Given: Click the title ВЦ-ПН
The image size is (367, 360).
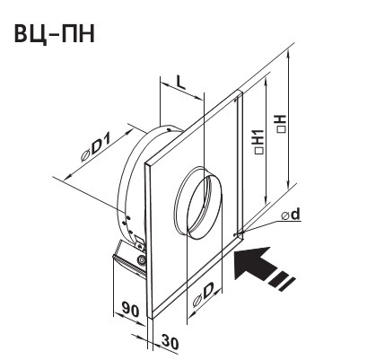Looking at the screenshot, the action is tap(54, 34).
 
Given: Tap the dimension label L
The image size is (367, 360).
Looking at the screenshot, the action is tap(180, 83).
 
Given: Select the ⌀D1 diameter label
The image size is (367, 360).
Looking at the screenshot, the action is tap(96, 147).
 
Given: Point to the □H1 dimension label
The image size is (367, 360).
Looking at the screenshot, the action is tap(259, 142).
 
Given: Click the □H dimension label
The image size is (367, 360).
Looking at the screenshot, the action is tap(282, 123).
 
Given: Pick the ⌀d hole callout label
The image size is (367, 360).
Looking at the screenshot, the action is tap(291, 215).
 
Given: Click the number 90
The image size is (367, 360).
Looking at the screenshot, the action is tap(131, 311).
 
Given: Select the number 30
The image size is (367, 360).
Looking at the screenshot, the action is tap(170, 343).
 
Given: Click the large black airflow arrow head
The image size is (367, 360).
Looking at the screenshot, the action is tap(249, 262).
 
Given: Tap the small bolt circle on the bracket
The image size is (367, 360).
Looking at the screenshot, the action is tap(141, 260).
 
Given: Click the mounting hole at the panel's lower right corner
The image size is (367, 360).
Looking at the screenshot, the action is tap(235, 234).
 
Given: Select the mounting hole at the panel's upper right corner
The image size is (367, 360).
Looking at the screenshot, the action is tap(236, 98).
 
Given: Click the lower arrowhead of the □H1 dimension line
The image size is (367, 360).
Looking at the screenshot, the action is tap(266, 200).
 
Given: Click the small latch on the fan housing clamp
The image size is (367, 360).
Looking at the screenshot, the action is tap(140, 241).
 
